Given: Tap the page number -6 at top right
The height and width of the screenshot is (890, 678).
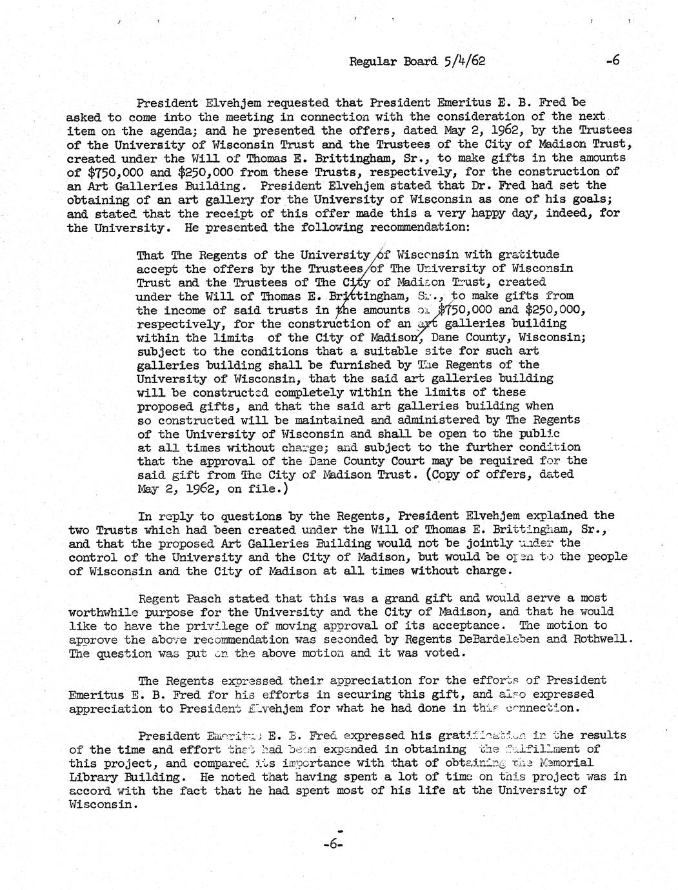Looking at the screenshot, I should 612,61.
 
